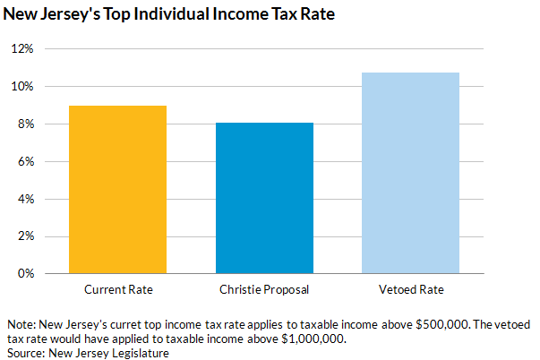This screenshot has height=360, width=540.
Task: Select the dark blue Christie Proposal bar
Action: click(x=264, y=198)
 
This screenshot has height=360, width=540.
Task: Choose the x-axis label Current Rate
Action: click(x=118, y=290)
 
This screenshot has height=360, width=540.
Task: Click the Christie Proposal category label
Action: click(x=264, y=290)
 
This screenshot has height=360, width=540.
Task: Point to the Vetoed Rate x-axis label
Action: click(x=410, y=290)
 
